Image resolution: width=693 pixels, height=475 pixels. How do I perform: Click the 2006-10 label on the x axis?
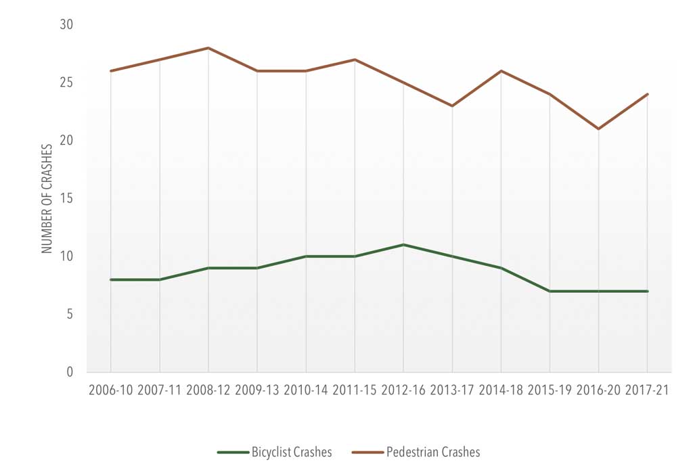click(110, 390)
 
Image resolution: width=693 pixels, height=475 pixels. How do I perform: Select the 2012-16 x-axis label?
click(403, 390)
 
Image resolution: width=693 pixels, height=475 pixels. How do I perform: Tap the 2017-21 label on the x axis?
click(648, 390)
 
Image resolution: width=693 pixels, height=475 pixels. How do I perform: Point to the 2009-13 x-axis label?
click(257, 390)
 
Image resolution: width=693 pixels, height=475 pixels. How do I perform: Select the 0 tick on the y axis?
click(70, 372)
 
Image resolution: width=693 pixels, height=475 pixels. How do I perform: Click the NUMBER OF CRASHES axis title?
click(47, 198)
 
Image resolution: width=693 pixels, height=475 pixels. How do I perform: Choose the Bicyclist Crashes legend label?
click(292, 453)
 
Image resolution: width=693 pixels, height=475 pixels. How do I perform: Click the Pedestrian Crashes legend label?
click(433, 453)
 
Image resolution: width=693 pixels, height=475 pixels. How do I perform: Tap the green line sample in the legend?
click(232, 453)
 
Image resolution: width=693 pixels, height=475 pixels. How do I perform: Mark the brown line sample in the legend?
click(367, 453)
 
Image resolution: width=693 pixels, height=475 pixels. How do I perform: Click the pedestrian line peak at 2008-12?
click(208, 48)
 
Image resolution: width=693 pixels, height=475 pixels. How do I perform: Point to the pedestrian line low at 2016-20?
click(599, 129)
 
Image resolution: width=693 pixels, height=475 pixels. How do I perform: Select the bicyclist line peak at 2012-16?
click(403, 244)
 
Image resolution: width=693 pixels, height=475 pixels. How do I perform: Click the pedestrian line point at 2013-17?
click(452, 106)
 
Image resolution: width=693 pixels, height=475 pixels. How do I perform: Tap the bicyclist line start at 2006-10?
click(110, 279)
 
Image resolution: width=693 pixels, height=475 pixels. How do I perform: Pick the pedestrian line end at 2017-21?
click(648, 94)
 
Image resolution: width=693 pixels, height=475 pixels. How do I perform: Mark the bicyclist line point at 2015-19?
click(550, 291)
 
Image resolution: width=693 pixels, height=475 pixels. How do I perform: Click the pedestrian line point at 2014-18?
click(501, 71)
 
